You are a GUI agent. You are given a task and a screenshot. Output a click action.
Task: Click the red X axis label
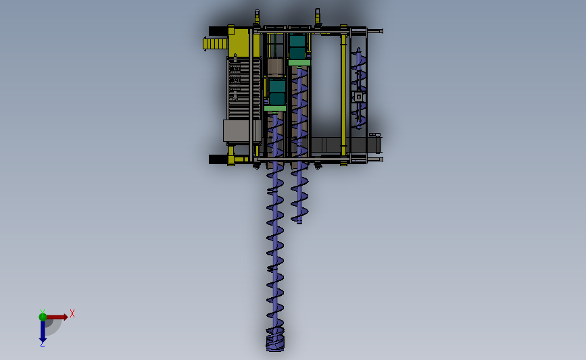pyautogui.click(x=72, y=313)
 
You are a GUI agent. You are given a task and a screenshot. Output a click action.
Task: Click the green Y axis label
pyautogui.click(x=43, y=311)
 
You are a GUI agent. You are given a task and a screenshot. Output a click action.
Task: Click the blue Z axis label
pyautogui.click(x=42, y=344)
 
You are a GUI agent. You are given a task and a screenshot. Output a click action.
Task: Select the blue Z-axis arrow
pyautogui.click(x=43, y=331)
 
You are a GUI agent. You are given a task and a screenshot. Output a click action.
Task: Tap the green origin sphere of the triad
pyautogui.click(x=43, y=317)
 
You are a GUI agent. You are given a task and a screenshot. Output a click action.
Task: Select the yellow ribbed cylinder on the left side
pyautogui.click(x=216, y=44)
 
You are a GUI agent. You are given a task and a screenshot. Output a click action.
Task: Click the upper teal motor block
pyautogui.click(x=297, y=47)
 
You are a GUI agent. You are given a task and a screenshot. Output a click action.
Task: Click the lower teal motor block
pyautogui.click(x=276, y=93)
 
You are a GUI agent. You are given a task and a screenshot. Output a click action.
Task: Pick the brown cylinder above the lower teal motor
pyautogui.click(x=275, y=66)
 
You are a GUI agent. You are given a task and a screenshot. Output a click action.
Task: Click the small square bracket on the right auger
pyautogui.click(x=359, y=97)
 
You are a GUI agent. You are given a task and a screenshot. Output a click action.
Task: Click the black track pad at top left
pyautogui.click(x=218, y=30)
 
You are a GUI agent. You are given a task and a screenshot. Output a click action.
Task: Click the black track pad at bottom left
pyautogui.click(x=218, y=159)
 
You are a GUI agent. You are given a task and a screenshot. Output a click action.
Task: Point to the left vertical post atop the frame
pyautogui.click(x=257, y=16)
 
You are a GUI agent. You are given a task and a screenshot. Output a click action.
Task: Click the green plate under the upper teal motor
pyautogui.click(x=299, y=63)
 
